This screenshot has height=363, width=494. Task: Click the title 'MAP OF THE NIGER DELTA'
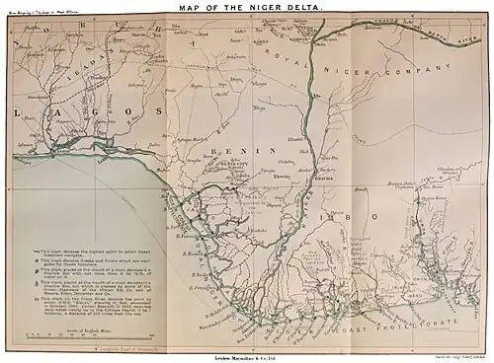pyautogui.click(x=247, y=9)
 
